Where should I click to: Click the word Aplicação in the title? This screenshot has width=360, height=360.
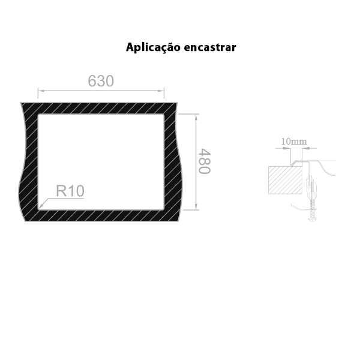coord(153,47)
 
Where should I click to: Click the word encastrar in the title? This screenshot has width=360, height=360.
coord(210,47)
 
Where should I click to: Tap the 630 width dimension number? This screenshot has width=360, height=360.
coord(101,81)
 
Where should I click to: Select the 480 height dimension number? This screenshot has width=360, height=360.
coord(204,161)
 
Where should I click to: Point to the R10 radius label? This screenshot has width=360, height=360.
coord(70,191)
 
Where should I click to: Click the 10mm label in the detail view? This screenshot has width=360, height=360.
coord(294,142)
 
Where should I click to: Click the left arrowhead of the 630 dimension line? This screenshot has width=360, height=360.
coord(41,91)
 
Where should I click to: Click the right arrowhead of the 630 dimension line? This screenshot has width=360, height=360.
coord(161,91)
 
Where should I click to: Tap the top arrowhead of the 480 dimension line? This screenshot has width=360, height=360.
coord(196,117)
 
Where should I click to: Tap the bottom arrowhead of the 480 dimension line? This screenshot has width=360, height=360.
coord(196,206)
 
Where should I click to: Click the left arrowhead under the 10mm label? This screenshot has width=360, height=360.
coord(287,148)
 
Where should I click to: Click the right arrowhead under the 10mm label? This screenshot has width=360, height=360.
coord(305,148)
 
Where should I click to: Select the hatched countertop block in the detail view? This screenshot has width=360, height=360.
coord(285,180)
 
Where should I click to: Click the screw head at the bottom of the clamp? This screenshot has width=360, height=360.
coord(312,220)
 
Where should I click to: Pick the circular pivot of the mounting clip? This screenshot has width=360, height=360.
coord(312,196)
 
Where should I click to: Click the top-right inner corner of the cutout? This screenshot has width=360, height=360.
coord(164,115)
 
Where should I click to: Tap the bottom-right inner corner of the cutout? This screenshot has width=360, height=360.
coord(164,209)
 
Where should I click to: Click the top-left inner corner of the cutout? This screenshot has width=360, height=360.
coord(38,115)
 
